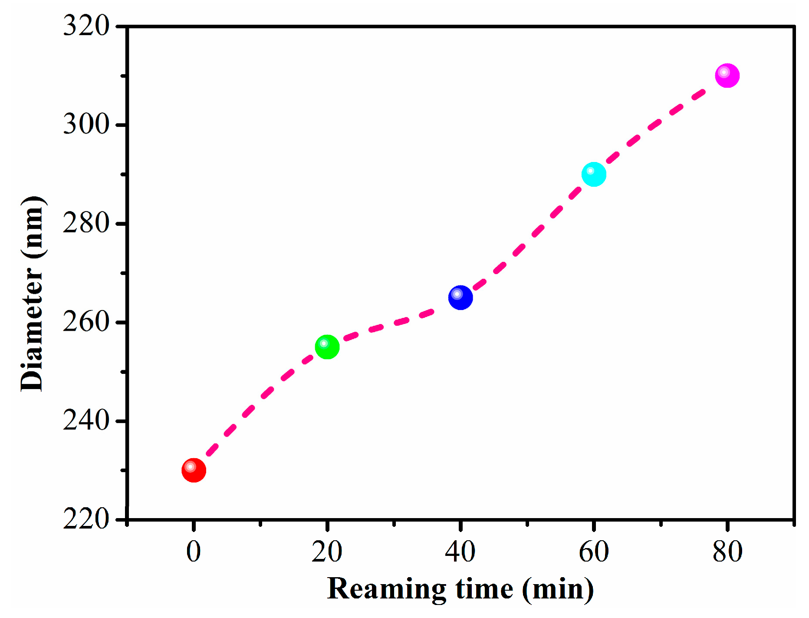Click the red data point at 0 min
[x=194, y=470]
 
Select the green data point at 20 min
[x=327, y=347]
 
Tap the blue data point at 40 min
[x=460, y=298]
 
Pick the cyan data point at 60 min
[x=594, y=175]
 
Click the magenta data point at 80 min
[x=727, y=76]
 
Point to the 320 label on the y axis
[x=86, y=26]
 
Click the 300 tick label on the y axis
[x=86, y=124]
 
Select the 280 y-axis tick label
[x=86, y=223]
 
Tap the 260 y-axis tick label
[x=86, y=322]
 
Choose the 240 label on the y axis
[x=86, y=420]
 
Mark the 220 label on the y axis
[x=86, y=519]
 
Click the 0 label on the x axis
[x=194, y=552]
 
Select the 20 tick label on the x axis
[x=327, y=552]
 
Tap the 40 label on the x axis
[x=460, y=552]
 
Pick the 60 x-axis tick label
[x=594, y=552]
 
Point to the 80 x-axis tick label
[x=727, y=552]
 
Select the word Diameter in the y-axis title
[x=33, y=329]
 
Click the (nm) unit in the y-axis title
[x=33, y=228]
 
